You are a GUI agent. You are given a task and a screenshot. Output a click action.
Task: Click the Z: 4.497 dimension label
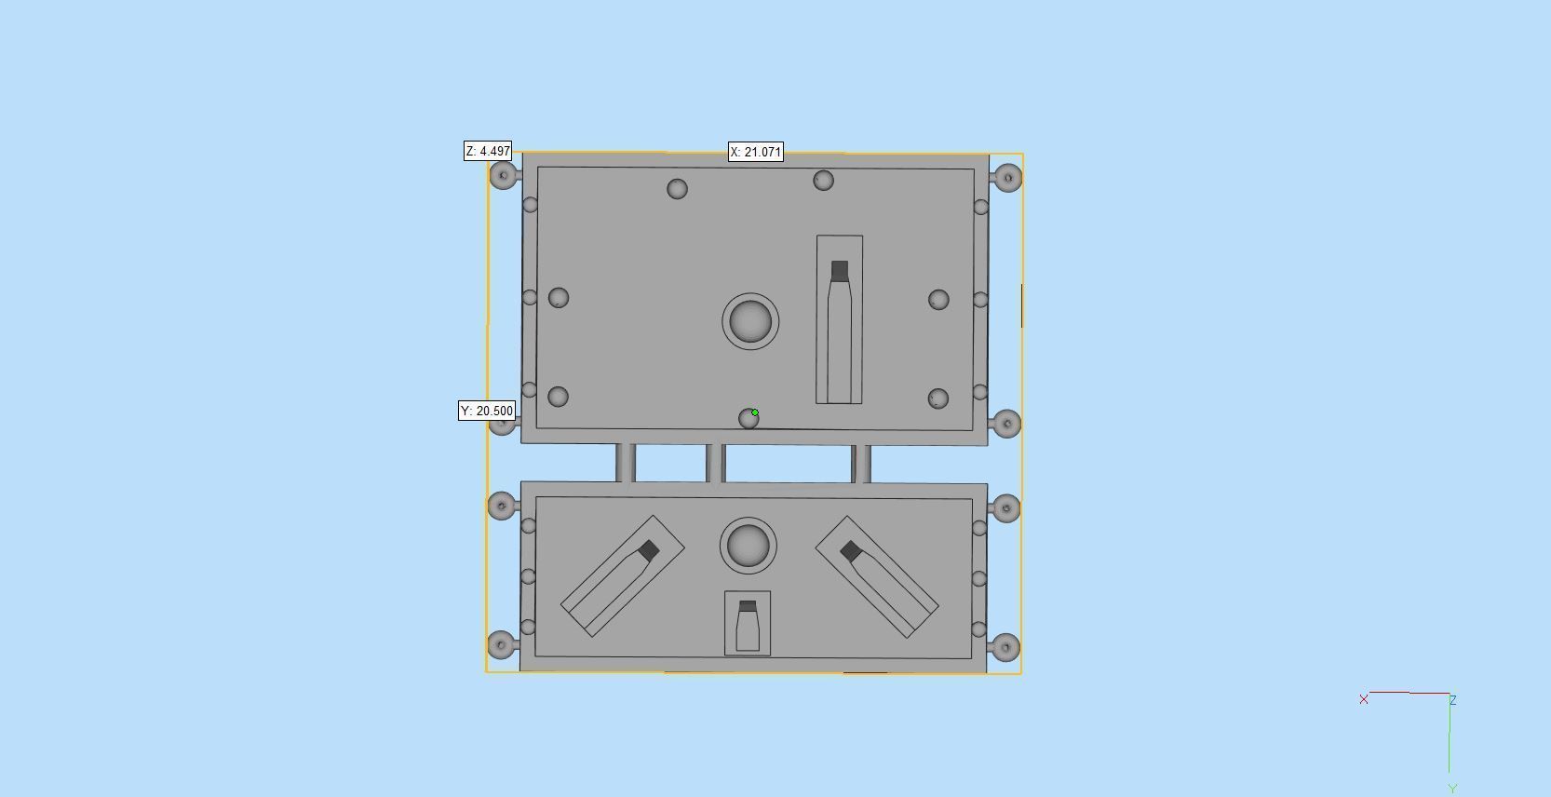pyautogui.click(x=488, y=151)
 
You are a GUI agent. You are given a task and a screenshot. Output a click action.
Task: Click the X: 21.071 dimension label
pyautogui.click(x=755, y=152)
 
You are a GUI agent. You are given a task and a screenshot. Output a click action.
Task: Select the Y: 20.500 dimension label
pyautogui.click(x=486, y=411)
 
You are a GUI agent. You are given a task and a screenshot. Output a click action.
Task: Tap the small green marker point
pyautogui.click(x=755, y=412)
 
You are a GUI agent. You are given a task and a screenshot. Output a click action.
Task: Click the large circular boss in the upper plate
pyautogui.click(x=750, y=321)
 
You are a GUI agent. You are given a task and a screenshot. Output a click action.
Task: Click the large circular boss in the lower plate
pyautogui.click(x=749, y=546)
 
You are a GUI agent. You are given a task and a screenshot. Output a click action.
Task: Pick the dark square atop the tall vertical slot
pyautogui.click(x=839, y=271)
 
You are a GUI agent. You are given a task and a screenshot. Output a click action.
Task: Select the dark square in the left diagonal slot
pyautogui.click(x=649, y=551)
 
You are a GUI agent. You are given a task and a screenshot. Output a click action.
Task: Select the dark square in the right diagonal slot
pyautogui.click(x=851, y=552)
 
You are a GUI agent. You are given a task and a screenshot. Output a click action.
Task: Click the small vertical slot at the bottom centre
pyautogui.click(x=747, y=624)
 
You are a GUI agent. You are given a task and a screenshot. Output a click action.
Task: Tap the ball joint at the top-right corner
pyautogui.click(x=1007, y=177)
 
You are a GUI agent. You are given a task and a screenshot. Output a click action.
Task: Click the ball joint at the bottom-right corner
pyautogui.click(x=1005, y=647)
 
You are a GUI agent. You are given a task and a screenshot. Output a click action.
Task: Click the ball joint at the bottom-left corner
pyautogui.click(x=502, y=644)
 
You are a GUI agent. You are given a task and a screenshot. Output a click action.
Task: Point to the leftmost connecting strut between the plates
pyautogui.click(x=627, y=463)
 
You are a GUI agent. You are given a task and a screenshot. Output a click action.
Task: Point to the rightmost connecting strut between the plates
pyautogui.click(x=862, y=464)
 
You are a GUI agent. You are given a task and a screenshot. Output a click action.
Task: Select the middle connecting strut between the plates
pyautogui.click(x=716, y=463)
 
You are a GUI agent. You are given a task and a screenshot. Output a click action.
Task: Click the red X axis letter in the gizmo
pyautogui.click(x=1364, y=699)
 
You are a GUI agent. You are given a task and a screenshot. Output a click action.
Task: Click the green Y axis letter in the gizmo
pyautogui.click(x=1452, y=789)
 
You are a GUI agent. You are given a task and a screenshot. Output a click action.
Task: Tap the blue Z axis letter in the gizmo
pyautogui.click(x=1452, y=700)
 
